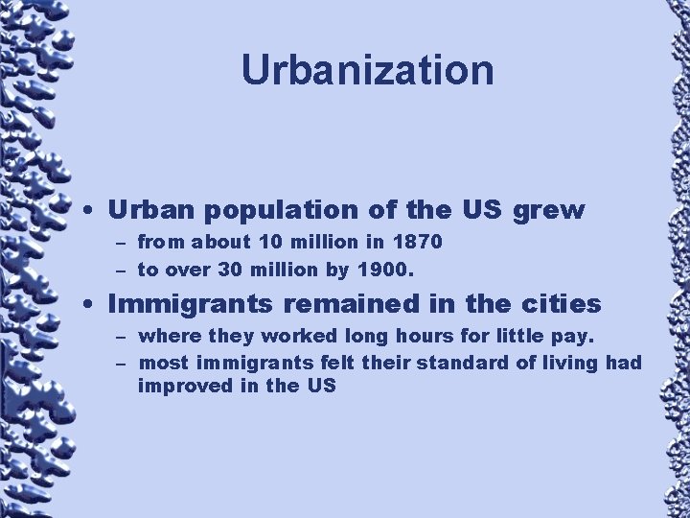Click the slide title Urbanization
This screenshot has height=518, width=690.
[367, 69]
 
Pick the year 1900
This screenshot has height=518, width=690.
[388, 271]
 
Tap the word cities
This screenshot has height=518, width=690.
[561, 305]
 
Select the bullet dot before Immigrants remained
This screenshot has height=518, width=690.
[87, 306]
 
